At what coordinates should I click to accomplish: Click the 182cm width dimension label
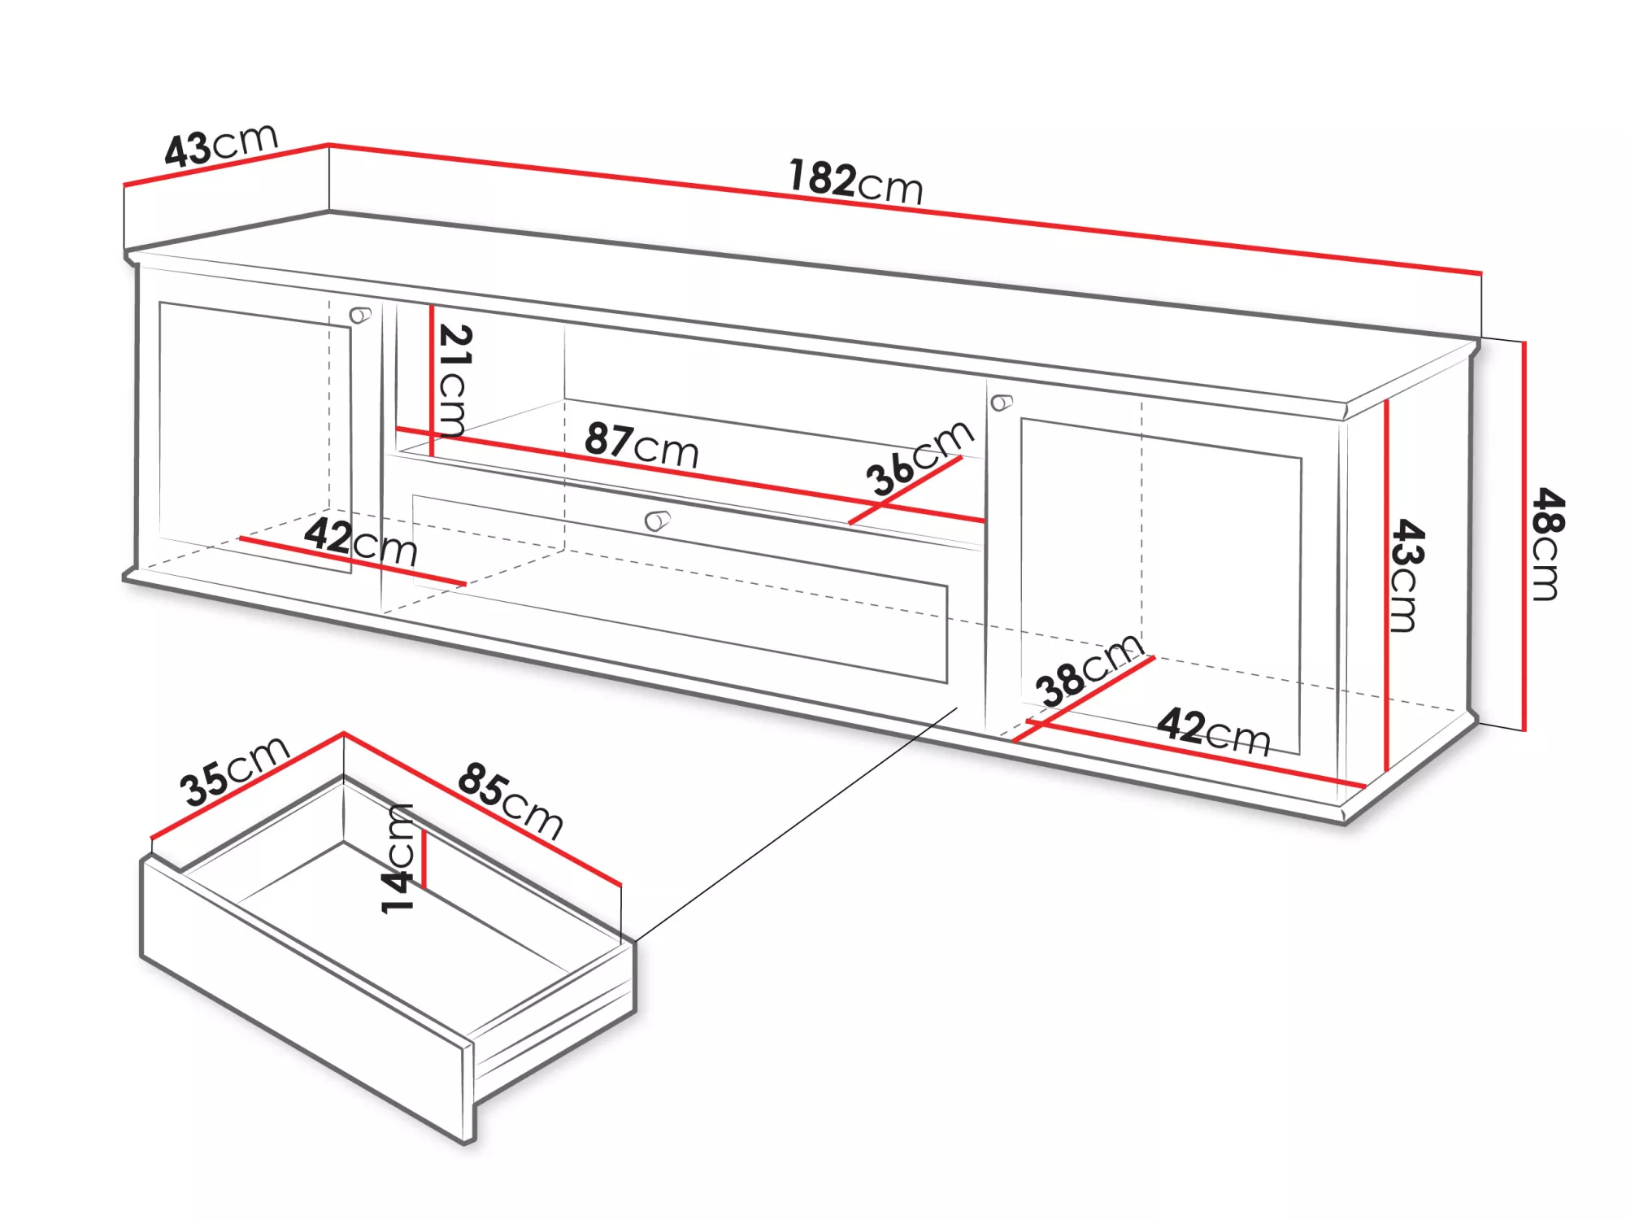point(856,181)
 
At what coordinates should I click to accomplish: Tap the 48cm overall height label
point(1546,544)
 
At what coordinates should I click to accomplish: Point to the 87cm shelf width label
point(641,445)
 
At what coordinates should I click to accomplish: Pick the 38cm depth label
point(1089,670)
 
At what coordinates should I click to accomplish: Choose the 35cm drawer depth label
point(234,770)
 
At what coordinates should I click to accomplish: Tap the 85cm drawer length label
point(511,800)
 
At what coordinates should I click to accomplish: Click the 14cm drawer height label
point(398,858)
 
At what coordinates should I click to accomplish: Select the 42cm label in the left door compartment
point(361,541)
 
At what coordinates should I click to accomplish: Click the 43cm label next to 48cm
point(1406,575)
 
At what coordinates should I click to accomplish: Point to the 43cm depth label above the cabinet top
point(221,146)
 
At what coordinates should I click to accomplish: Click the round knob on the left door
point(359,315)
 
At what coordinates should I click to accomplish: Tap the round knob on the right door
point(1002,403)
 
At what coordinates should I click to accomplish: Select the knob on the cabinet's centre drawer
point(657,521)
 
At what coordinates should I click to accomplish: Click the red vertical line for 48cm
point(1524,536)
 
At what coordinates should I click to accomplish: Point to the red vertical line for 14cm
point(424,859)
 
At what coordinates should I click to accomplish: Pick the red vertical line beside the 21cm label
point(432,381)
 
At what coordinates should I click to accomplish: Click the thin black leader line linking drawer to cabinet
point(796,825)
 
